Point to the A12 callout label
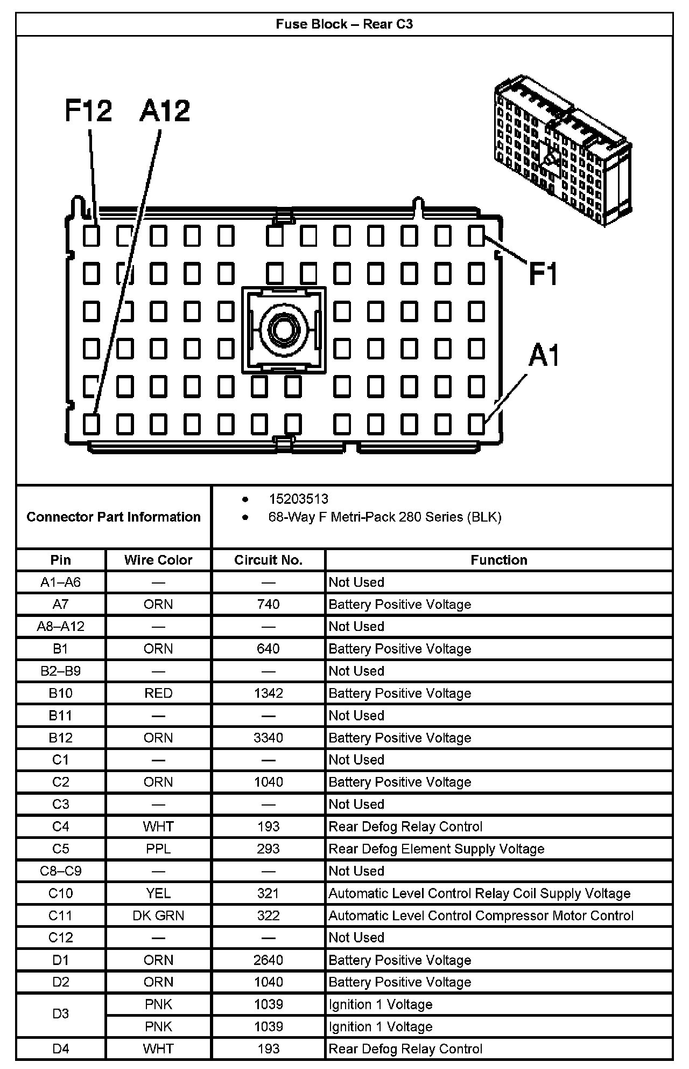pyautogui.click(x=165, y=111)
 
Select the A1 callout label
pyautogui.click(x=544, y=356)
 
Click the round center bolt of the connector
pyautogui.click(x=283, y=329)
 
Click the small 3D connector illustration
pyautogui.click(x=562, y=151)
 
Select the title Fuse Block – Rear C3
pyautogui.click(x=344, y=24)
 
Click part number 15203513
pyautogui.click(x=298, y=499)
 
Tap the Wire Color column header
pyautogui.click(x=158, y=560)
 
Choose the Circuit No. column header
pyautogui.click(x=268, y=560)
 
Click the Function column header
pyautogui.click(x=498, y=560)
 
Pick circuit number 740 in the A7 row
pyautogui.click(x=268, y=605)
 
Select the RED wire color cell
pyautogui.click(x=158, y=693)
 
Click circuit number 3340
pyautogui.click(x=268, y=738)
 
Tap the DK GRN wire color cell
pyautogui.click(x=158, y=915)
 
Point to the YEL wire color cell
pyautogui.click(x=158, y=893)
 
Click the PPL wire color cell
pyautogui.click(x=158, y=849)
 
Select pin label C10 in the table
pyautogui.click(x=60, y=893)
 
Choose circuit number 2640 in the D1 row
pyautogui.click(x=268, y=960)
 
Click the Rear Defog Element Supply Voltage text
pyautogui.click(x=436, y=849)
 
